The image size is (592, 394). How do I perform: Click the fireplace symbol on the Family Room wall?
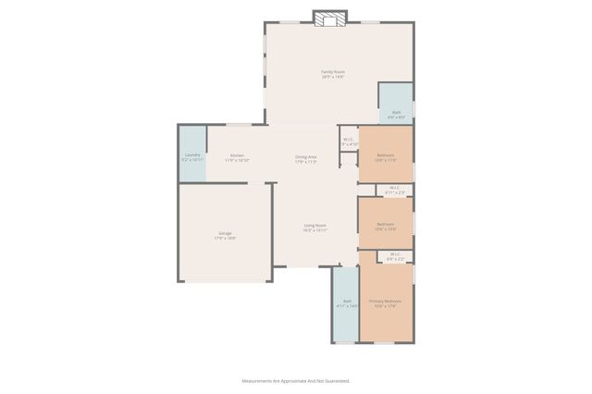pyautogui.click(x=328, y=18)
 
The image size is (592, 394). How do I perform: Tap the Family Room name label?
pyautogui.click(x=332, y=71)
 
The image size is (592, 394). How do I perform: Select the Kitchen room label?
pyautogui.click(x=237, y=154)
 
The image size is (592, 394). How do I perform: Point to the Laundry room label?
pyautogui.click(x=192, y=154)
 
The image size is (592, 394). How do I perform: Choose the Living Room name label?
pyautogui.click(x=315, y=225)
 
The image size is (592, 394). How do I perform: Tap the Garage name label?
pyautogui.click(x=225, y=233)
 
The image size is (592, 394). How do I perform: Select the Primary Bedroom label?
pyautogui.click(x=386, y=301)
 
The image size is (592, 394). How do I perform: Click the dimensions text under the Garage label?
pyautogui.click(x=225, y=239)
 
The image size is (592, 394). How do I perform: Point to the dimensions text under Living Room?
pyautogui.click(x=315, y=230)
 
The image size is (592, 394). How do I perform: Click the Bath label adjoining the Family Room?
pyautogui.click(x=396, y=112)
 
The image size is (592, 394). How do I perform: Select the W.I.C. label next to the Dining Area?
pyautogui.click(x=349, y=140)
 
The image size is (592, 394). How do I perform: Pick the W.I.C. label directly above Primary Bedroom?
pyautogui.click(x=394, y=254)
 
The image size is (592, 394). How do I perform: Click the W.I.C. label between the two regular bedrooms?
pyautogui.click(x=394, y=188)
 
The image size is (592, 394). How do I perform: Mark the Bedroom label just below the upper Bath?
pyautogui.click(x=385, y=154)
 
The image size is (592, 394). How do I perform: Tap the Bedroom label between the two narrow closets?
pyautogui.click(x=385, y=224)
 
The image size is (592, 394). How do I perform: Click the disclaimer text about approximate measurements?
pyautogui.click(x=296, y=380)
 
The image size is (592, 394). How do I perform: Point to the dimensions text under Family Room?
pyautogui.click(x=332, y=77)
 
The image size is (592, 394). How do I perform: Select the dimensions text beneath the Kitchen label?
pyautogui.click(x=237, y=160)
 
